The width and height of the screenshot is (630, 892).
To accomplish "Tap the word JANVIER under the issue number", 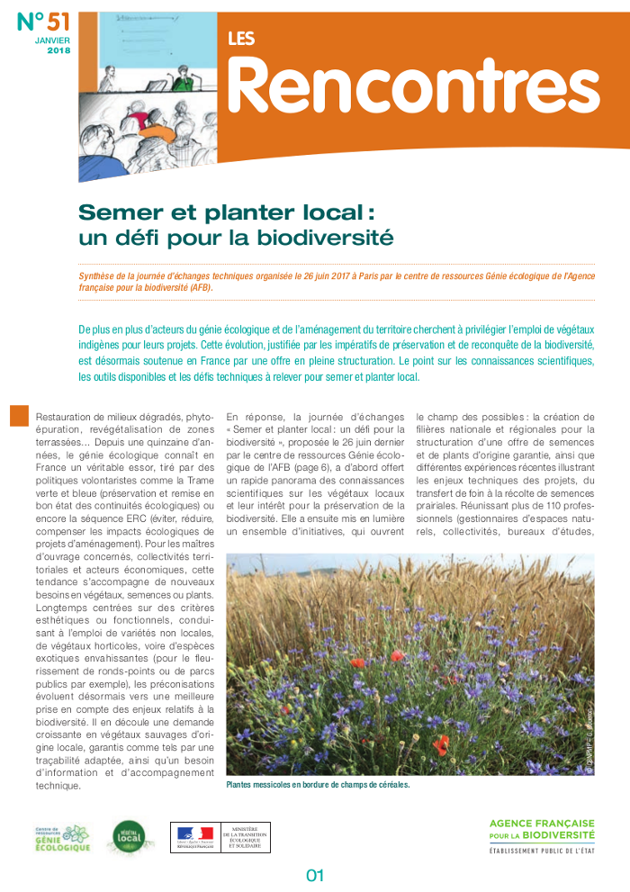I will [x=54, y=41].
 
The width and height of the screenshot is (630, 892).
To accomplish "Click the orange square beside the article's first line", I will [x=18, y=415].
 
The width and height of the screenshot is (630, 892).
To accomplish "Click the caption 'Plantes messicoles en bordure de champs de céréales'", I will [x=317, y=785].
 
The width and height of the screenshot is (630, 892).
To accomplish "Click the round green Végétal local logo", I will [x=125, y=838].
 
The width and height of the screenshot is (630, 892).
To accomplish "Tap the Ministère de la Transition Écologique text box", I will [x=245, y=837].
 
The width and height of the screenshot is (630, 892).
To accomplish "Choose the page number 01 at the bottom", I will [x=314, y=875].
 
